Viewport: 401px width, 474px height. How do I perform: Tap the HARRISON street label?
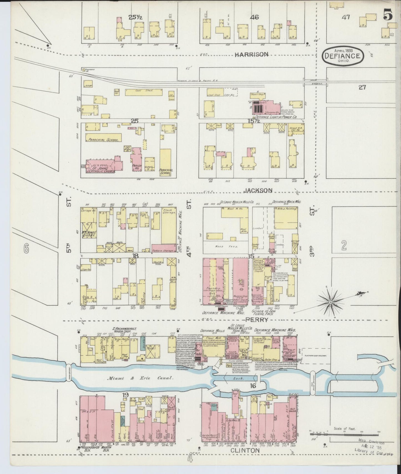point(251,55)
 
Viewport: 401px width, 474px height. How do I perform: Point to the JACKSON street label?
point(258,190)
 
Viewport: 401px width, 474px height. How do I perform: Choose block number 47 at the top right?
point(345,17)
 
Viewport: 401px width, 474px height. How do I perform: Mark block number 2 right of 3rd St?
point(344,245)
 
